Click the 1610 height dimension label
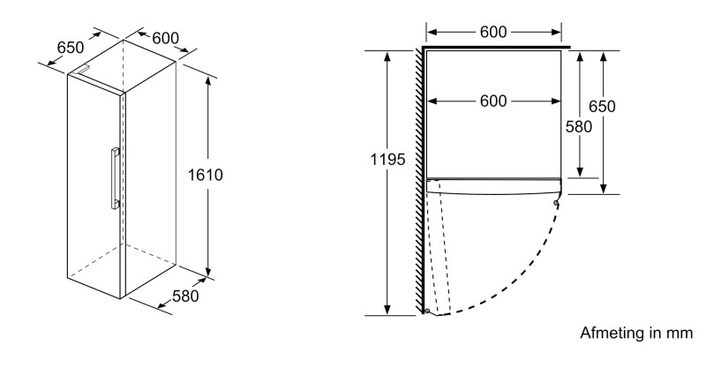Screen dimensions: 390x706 click(205, 175)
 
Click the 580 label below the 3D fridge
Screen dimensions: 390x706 click(184, 296)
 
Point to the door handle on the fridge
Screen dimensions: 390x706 click(114, 178)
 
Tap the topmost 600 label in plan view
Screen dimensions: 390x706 click(493, 32)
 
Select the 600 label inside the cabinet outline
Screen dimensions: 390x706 click(493, 101)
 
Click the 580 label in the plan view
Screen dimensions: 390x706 click(579, 126)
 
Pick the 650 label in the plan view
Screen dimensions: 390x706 click(602, 107)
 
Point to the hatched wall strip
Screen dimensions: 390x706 click(419, 176)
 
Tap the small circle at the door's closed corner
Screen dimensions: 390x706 click(555, 204)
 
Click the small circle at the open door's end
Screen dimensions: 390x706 click(427, 311)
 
